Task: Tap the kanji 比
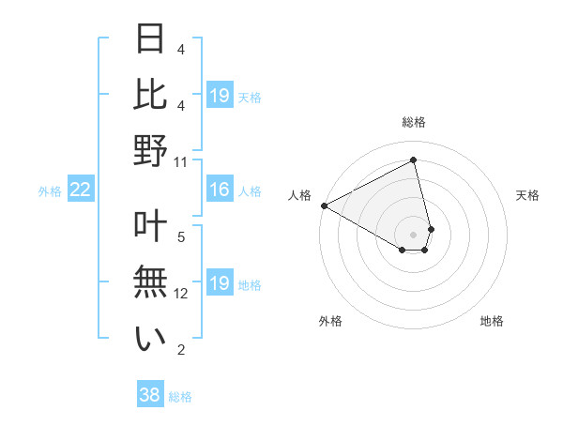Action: tap(151, 94)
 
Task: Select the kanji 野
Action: tap(151, 150)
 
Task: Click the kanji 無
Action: tap(151, 281)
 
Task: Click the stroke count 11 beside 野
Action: tap(180, 161)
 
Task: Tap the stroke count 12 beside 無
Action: tap(181, 294)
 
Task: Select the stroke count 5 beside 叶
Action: tap(181, 236)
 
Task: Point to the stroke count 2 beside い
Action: tap(181, 350)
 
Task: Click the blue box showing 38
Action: tap(149, 396)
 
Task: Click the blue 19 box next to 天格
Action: tap(219, 96)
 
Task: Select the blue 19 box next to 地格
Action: tap(219, 283)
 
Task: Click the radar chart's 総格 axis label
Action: tap(414, 122)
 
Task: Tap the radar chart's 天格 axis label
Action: tap(527, 195)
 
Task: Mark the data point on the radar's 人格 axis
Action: tap(324, 205)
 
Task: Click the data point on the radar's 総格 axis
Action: tap(414, 160)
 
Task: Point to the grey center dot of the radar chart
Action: tap(414, 234)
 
